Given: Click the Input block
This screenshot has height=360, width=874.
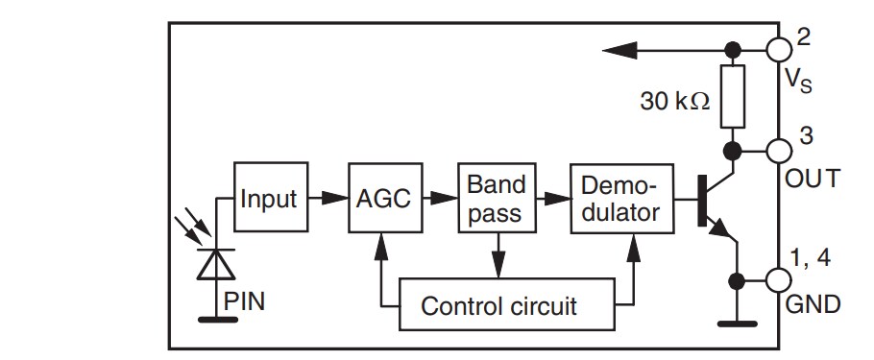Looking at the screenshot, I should tap(269, 199).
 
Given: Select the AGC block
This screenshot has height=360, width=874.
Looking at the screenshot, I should tap(382, 199).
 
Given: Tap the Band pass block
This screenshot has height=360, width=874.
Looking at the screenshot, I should tap(494, 199).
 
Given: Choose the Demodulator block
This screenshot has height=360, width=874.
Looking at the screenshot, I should tap(619, 199).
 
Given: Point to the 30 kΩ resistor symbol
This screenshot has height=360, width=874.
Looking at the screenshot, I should tap(734, 98).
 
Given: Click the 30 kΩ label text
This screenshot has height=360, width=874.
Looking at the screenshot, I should tap(675, 101).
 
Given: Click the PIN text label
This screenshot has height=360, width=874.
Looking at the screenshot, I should tap(244, 301).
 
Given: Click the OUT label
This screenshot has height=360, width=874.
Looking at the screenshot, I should tap(813, 179).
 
